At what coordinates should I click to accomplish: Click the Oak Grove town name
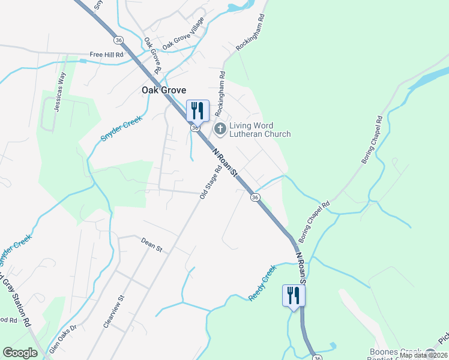coord(164,90)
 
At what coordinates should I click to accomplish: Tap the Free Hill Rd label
coord(106,55)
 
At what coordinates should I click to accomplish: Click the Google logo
coord(20,353)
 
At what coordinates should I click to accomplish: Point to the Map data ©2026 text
coord(424,355)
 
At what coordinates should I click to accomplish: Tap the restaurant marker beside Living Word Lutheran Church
coord(197,110)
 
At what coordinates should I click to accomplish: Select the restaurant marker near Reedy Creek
coord(294,295)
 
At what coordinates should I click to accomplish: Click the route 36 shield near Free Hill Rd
coord(119,40)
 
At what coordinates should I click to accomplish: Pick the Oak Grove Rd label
coord(153,56)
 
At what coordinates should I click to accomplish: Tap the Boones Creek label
coord(393,352)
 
